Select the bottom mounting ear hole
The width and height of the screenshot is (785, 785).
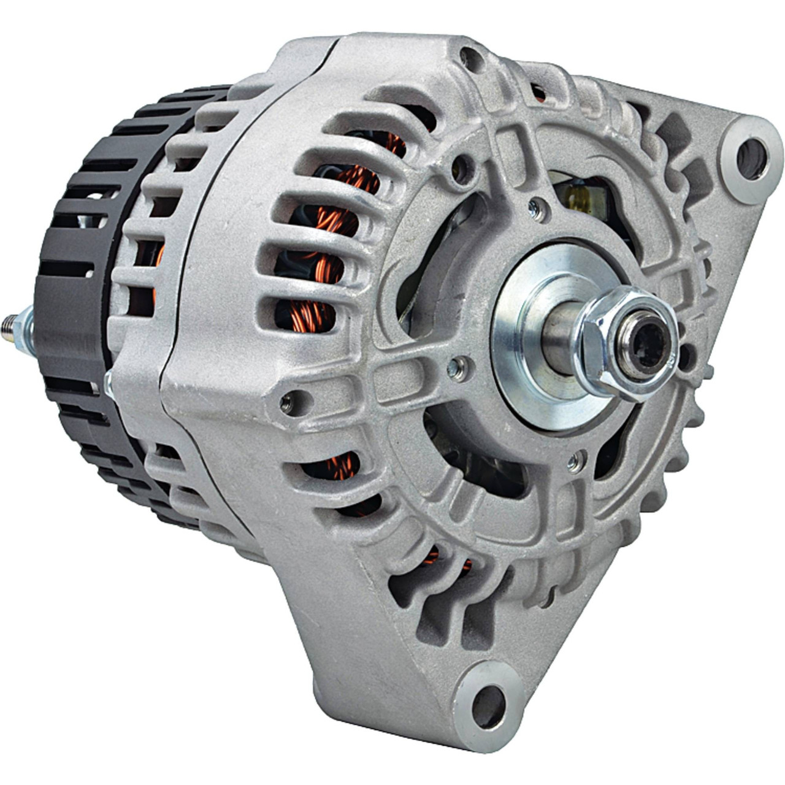click(488, 696)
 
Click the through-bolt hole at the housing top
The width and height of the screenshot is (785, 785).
click(473, 59)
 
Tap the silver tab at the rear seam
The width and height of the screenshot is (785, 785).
click(108, 383)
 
